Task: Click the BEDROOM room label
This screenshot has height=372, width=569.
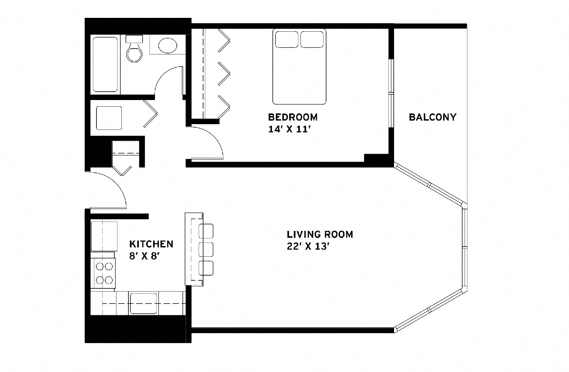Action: (x=293, y=117)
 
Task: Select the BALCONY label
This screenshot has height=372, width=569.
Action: (x=432, y=117)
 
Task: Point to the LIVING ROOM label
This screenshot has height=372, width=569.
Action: (x=320, y=234)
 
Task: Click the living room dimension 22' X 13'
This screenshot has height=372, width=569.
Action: (x=308, y=247)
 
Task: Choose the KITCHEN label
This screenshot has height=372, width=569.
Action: (x=151, y=244)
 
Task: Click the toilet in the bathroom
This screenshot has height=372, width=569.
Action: (x=133, y=49)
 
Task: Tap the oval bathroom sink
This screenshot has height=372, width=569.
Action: (x=168, y=45)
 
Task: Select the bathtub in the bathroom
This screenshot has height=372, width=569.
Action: (x=105, y=64)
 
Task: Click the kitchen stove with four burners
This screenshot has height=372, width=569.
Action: (x=104, y=273)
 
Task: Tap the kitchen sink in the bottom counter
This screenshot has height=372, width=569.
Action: (x=143, y=304)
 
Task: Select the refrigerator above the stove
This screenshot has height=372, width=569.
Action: (x=104, y=236)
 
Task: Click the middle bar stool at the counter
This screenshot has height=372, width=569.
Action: (x=206, y=249)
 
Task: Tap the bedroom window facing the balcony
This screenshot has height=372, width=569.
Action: (x=391, y=93)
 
